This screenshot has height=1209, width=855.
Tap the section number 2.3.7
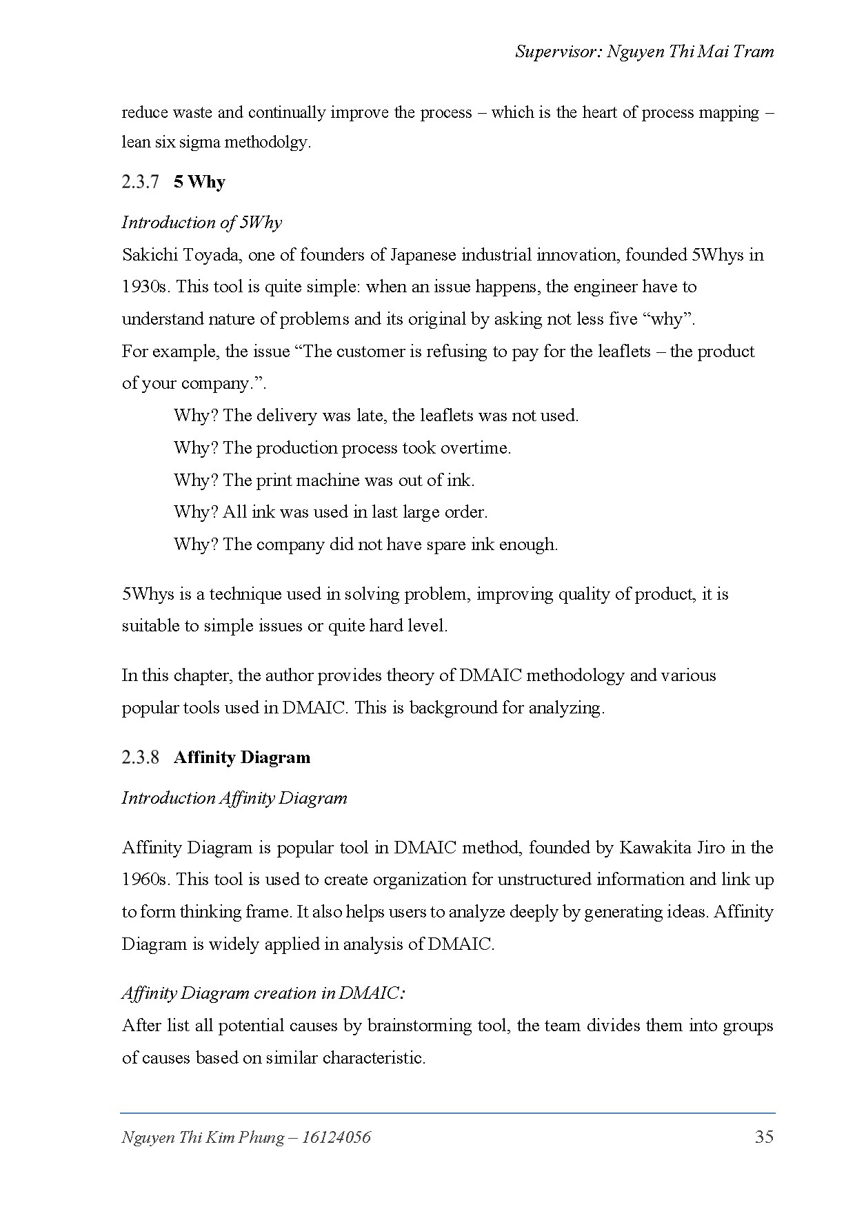[141, 182]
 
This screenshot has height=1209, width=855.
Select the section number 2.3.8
[141, 758]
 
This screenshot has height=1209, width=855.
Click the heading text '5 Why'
[199, 182]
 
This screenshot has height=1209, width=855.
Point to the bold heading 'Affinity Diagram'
[242, 758]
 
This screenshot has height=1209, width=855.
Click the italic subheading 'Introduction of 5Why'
[202, 222]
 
